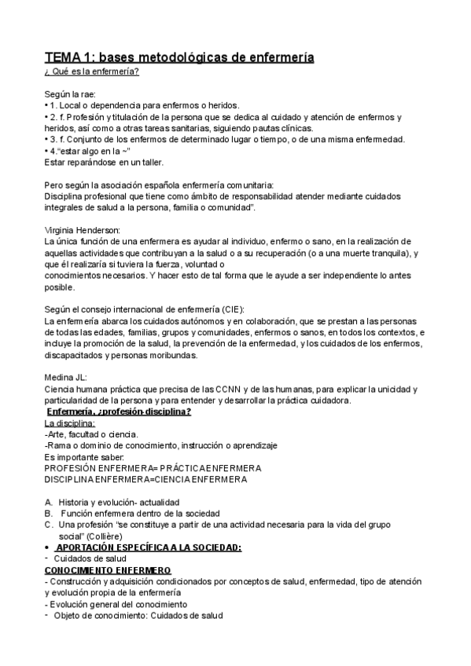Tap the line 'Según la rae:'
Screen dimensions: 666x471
point(72,94)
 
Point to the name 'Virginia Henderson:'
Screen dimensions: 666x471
point(83,229)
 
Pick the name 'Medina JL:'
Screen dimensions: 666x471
point(67,377)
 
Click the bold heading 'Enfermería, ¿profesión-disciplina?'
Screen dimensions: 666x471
point(120,412)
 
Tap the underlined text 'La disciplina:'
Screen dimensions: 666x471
point(69,423)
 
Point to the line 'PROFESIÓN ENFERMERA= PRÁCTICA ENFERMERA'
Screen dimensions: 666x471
point(153,467)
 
